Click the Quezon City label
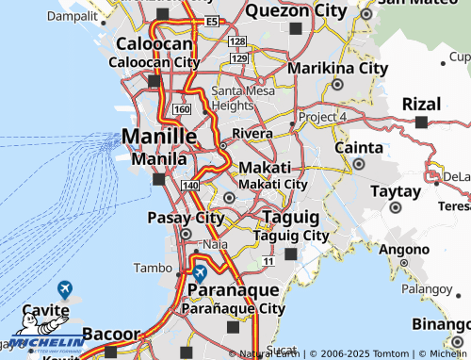coord(296,11)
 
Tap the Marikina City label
coord(337,69)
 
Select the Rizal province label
coord(421,104)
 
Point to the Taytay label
coord(395,189)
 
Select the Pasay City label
coord(186,219)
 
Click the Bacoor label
coord(110,334)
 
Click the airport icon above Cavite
coord(65,289)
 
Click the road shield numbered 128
coord(237,42)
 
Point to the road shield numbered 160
coord(182,110)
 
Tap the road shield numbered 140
coord(191,186)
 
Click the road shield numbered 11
coord(268,260)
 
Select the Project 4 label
coord(323,116)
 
